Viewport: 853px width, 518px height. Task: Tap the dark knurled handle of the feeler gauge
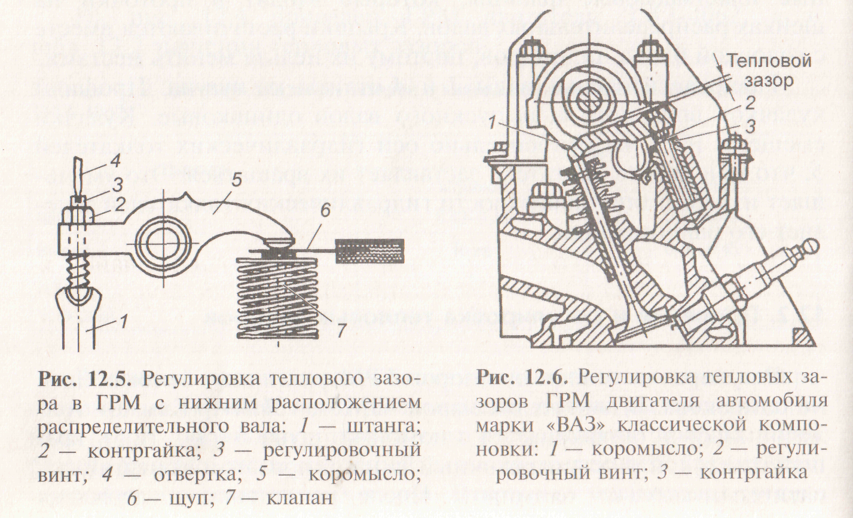coord(371,247)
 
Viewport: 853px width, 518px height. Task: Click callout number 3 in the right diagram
coord(751,127)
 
